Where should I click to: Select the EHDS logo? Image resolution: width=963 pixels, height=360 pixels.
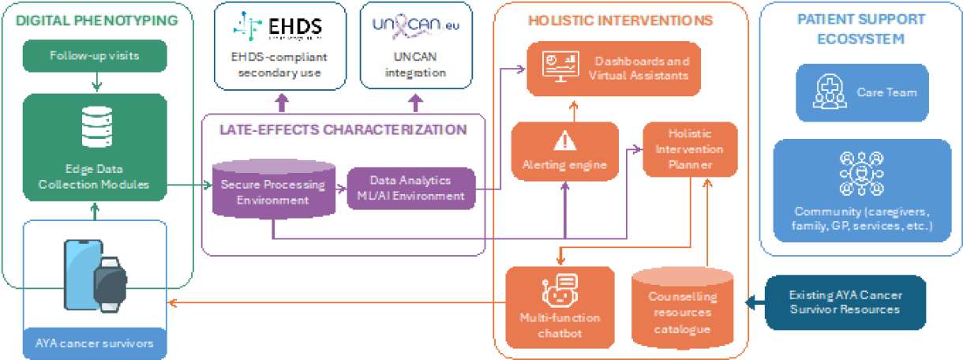coord(281,27)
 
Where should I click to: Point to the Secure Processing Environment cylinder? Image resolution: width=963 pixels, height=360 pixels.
coord(272,190)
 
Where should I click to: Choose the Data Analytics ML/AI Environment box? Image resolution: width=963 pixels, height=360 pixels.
coord(411,188)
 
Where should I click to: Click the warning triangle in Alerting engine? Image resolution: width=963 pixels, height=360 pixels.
coord(564,141)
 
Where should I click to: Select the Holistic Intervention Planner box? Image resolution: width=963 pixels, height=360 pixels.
coord(690,148)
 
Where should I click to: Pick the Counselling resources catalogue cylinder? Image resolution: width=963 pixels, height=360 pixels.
coord(683,309)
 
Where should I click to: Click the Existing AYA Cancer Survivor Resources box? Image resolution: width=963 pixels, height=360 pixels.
coord(845,302)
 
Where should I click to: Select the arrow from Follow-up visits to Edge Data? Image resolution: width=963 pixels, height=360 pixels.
coord(96,81)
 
